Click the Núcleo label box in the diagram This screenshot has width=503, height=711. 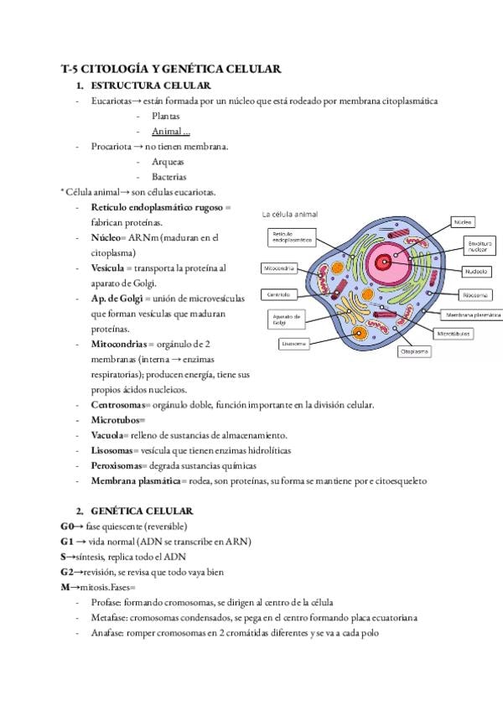coord(464,222)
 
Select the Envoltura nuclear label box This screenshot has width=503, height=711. coord(477,246)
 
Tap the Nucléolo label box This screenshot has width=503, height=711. coord(475,272)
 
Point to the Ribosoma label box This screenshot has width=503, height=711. coord(476,295)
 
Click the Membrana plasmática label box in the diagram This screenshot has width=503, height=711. coord(473,314)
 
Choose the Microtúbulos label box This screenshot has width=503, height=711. coord(454,333)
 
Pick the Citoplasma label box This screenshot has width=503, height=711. coord(414,352)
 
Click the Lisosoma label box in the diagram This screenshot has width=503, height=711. coord(295,344)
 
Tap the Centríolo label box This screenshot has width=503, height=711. coord(279,295)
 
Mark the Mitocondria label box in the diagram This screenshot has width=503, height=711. coord(279,269)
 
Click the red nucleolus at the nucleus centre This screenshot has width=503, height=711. coord(388,262)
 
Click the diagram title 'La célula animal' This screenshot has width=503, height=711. coord(290,214)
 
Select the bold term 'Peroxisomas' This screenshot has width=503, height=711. coord(116,466)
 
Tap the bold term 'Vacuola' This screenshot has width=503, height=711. coord(107,436)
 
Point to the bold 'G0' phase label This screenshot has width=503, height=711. coord(67,527)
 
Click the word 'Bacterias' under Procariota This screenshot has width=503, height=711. coord(169,177)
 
